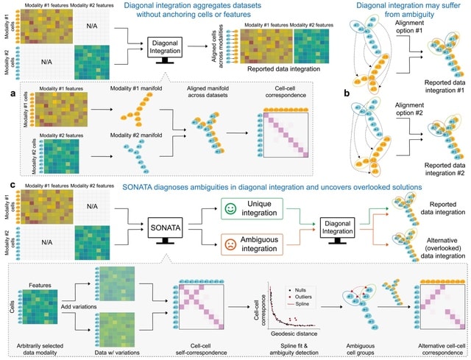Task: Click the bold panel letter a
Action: pyautogui.click(x=14, y=94)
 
